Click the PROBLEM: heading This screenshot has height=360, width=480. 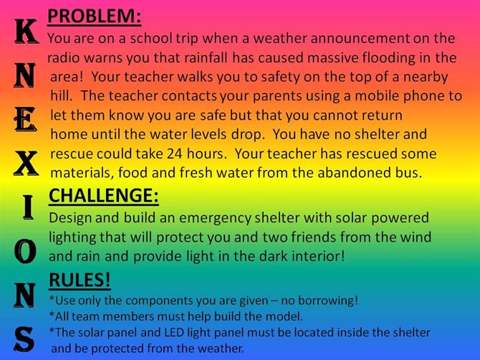coord(95,16)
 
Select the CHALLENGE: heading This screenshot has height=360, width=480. coord(104,196)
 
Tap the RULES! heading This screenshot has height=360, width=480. coord(80,280)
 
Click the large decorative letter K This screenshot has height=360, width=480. coord(27,31)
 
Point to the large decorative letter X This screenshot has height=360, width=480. coord(26,164)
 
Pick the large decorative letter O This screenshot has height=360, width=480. coord(25,252)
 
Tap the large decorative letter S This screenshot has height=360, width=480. coord(24,339)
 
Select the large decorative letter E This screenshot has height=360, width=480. coord(25,120)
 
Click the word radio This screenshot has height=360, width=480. coord(64,57)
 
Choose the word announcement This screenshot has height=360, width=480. coord(360,39)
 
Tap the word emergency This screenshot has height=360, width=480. coord(215,219)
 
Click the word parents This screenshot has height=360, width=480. coord(277,97)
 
